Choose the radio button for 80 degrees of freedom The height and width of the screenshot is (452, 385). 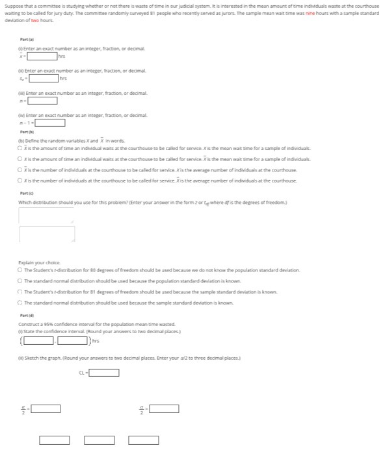click(x=21, y=270)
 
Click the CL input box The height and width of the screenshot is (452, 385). click(x=104, y=373)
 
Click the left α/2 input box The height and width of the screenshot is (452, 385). click(x=47, y=408)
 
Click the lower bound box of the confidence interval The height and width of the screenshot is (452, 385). click(x=40, y=340)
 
